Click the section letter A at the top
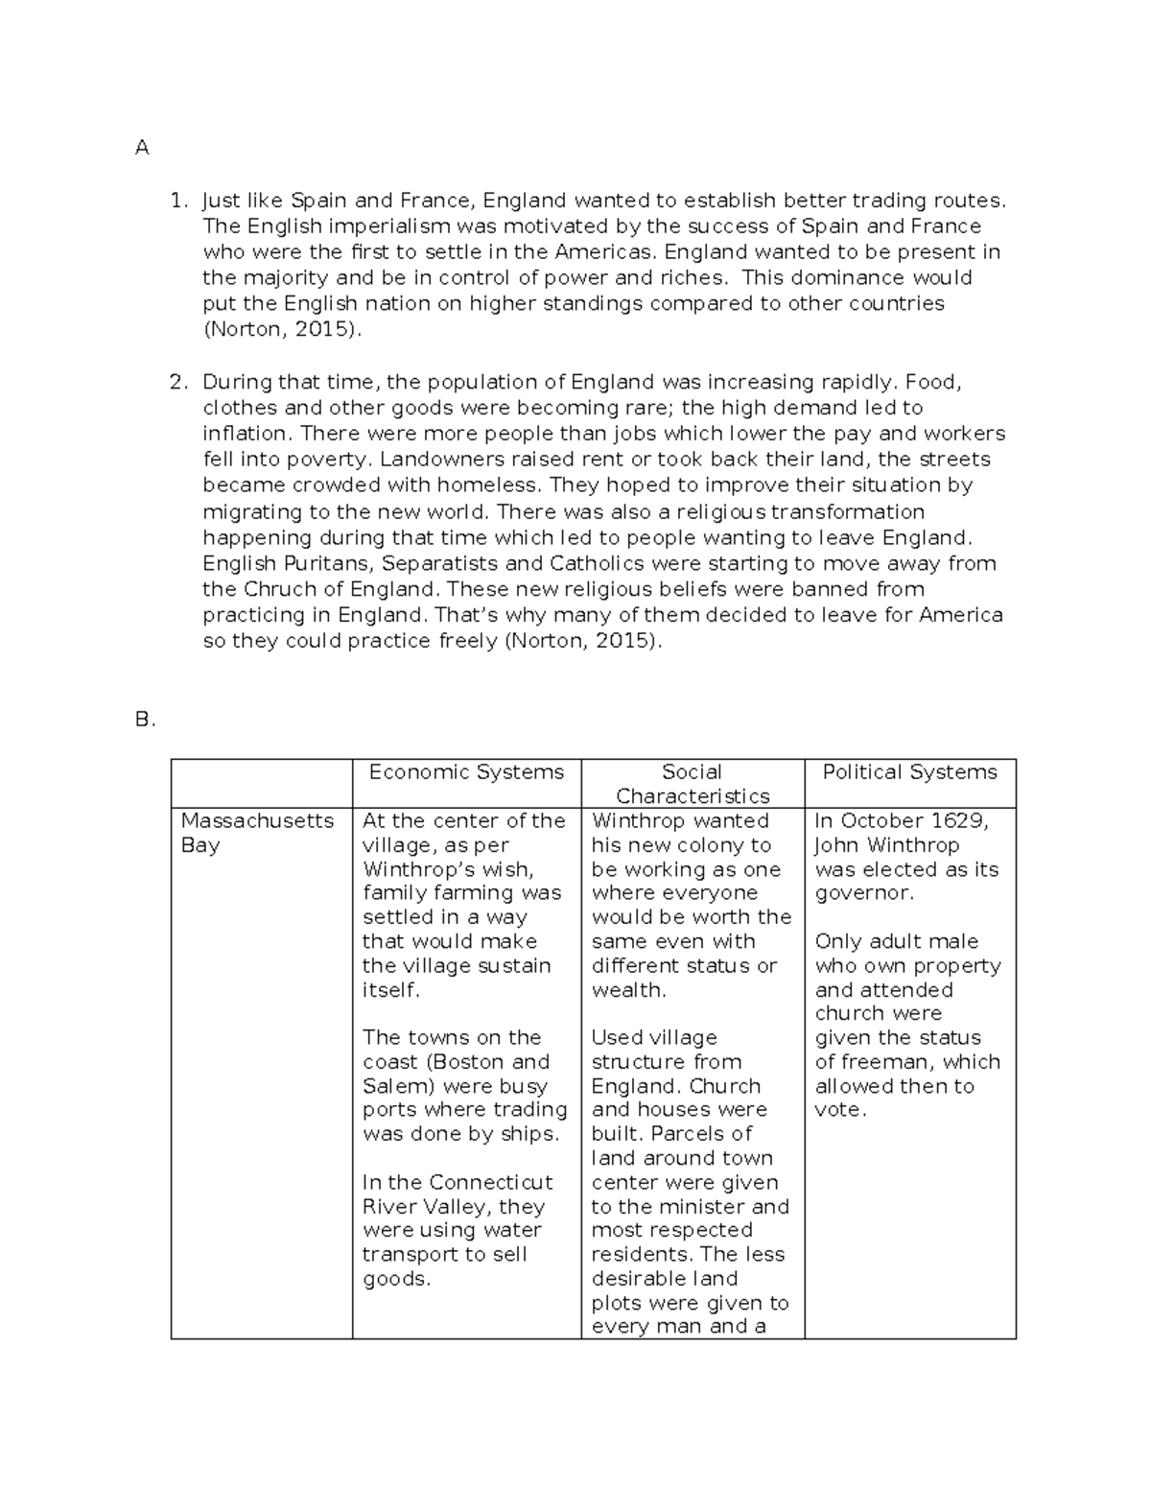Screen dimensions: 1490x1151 pyautogui.click(x=142, y=148)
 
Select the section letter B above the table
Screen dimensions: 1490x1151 pyautogui.click(x=144, y=720)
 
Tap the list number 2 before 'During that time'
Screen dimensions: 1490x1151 pyautogui.click(x=177, y=382)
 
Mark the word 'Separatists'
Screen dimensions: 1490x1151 pyautogui.click(x=441, y=563)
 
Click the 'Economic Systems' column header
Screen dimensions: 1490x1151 pyautogui.click(x=466, y=772)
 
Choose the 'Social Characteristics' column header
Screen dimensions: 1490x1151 pyautogui.click(x=693, y=784)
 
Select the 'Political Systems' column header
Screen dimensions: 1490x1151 pyautogui.click(x=909, y=772)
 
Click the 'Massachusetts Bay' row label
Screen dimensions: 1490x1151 pyautogui.click(x=256, y=833)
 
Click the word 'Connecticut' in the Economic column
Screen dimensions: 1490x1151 pyautogui.click(x=491, y=1182)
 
